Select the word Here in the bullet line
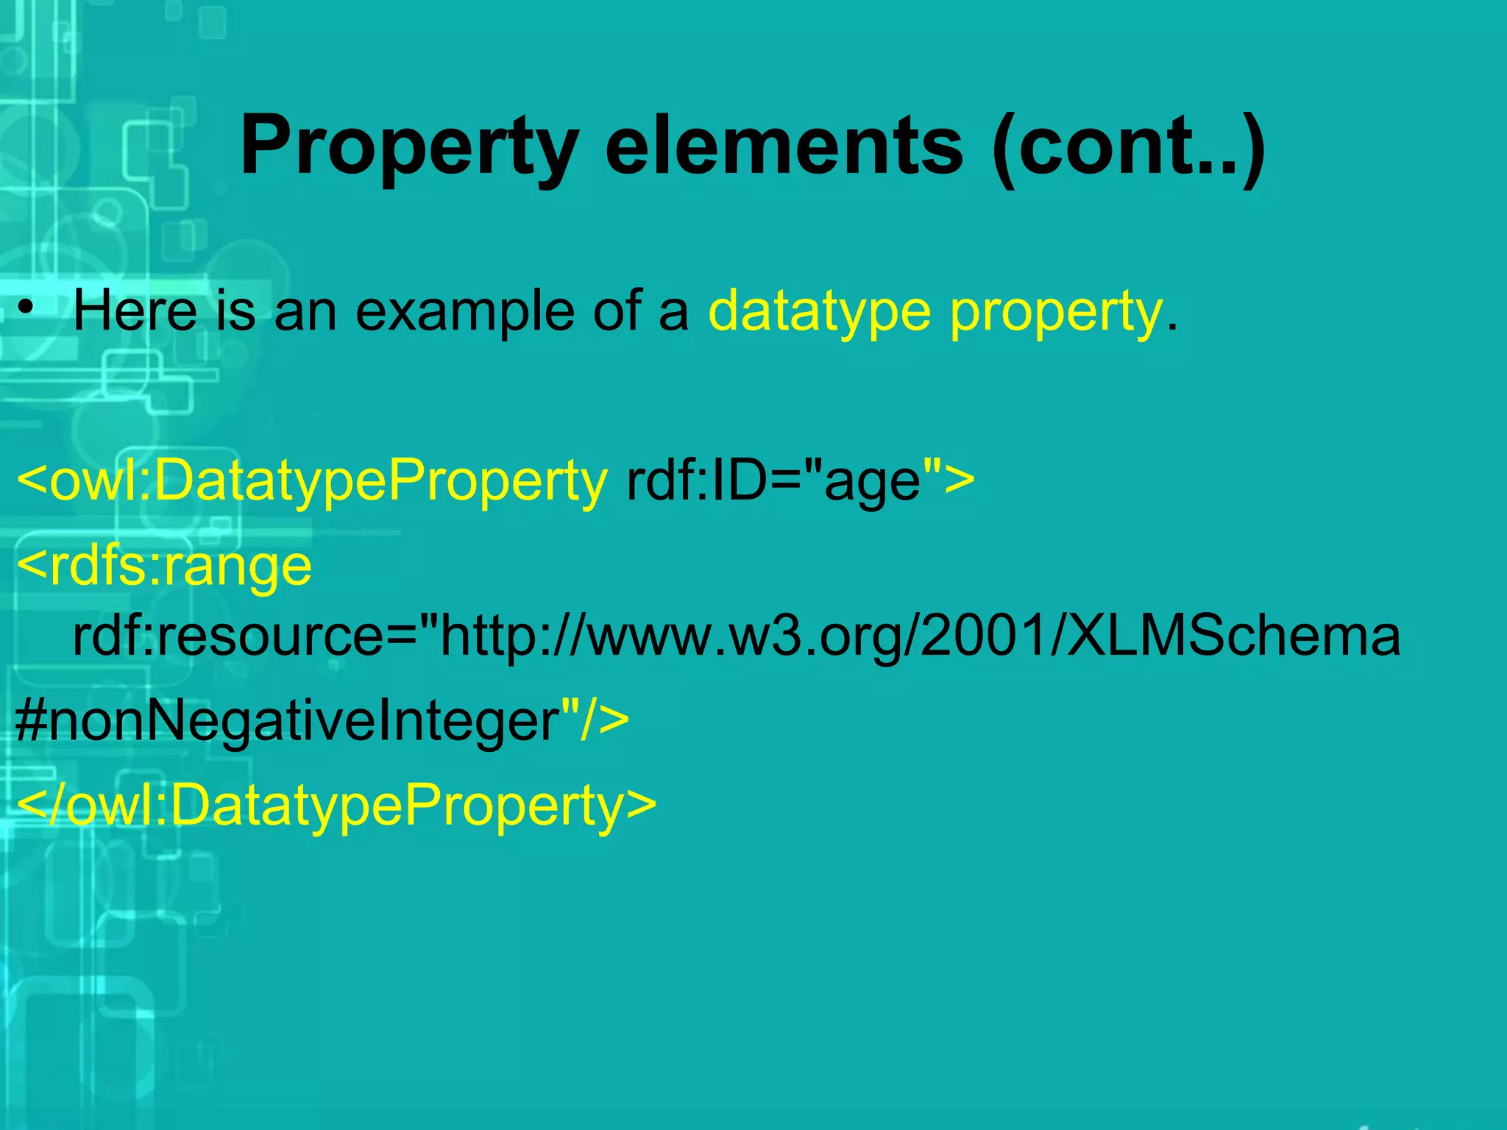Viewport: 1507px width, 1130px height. pyautogui.click(x=135, y=311)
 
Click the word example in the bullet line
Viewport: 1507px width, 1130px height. pyautogui.click(x=464, y=311)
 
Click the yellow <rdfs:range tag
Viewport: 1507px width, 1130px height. pyautogui.click(x=164, y=566)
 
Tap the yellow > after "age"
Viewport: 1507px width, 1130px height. pyautogui.click(x=958, y=482)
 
